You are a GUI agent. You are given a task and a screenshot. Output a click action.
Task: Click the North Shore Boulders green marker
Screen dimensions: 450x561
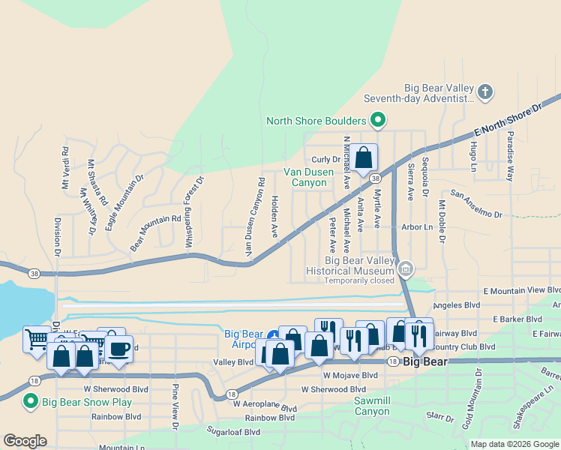(x=379, y=120)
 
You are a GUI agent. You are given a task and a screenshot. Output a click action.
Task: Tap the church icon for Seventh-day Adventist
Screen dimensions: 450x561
(x=485, y=92)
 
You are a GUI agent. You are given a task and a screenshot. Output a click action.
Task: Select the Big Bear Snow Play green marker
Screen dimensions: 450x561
(x=31, y=401)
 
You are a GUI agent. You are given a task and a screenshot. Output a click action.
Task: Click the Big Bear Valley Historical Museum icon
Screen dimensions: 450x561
(x=406, y=268)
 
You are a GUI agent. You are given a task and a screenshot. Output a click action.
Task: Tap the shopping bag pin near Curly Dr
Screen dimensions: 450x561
(x=364, y=158)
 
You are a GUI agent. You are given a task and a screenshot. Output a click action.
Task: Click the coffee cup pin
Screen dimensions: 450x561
(x=119, y=347)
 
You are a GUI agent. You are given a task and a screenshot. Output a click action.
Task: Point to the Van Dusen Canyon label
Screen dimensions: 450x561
(x=307, y=177)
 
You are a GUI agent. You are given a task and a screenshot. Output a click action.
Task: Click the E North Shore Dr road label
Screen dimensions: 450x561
(x=508, y=122)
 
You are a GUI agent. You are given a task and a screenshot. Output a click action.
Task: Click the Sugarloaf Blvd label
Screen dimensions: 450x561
(x=234, y=432)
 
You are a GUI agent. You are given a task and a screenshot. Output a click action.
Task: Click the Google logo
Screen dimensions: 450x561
(x=25, y=441)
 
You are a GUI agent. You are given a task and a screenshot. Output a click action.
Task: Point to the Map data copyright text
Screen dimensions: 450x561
(x=514, y=444)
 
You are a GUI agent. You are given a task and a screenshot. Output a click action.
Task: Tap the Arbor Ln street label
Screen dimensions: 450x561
(x=418, y=226)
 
